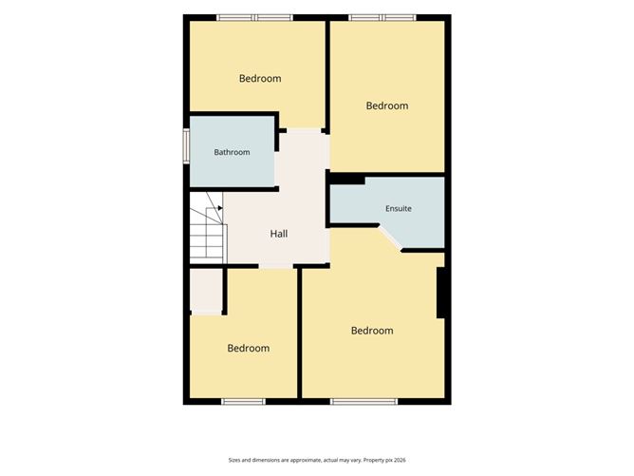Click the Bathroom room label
coord(232,152)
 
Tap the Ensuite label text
coord(399,208)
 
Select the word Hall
coord(279,234)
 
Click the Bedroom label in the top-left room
coord(260,79)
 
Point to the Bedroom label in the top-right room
coord(387,105)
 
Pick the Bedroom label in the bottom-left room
coord(249,348)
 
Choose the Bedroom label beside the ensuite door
coord(372,331)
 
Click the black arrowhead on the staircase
coord(220,208)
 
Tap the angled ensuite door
coord(390,238)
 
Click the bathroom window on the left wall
coord(186,146)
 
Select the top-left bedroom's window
coord(254,17)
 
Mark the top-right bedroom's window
coord(382,17)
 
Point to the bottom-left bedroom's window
coord(243,402)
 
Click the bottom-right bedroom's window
coord(364,402)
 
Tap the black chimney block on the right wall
coord(440,293)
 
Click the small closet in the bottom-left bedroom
coord(206,291)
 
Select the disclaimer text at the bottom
coord(317,460)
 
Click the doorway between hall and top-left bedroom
coord(304,130)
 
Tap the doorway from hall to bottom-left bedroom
coord(276,266)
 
